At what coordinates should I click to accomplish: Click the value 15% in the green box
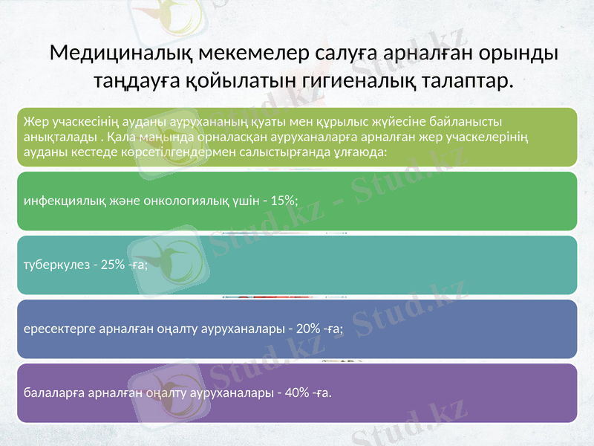[282, 201]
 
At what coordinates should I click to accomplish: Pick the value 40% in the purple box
[292, 392]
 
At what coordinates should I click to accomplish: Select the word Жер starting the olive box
[34, 120]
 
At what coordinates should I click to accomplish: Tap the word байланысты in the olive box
[468, 120]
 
